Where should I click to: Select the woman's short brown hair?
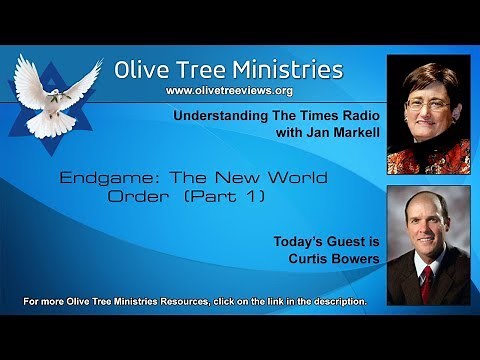point(428,78)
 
